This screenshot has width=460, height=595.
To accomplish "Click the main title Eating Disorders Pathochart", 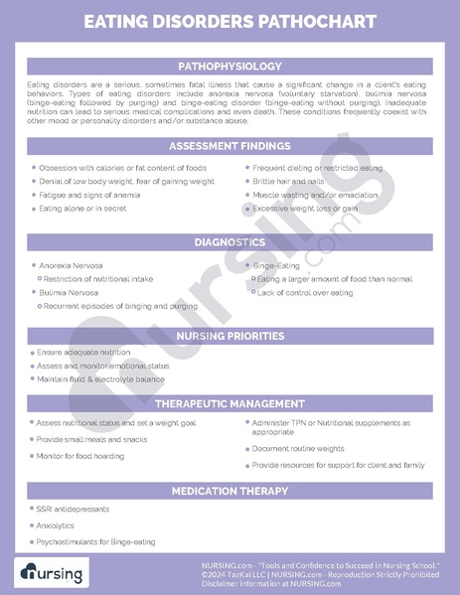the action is point(230,21).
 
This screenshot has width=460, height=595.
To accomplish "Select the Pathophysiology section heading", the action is point(230,66).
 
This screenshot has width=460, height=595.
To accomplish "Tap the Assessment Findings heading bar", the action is point(230,146).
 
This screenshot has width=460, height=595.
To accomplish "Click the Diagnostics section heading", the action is point(230,242).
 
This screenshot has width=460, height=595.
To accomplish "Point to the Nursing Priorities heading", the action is point(230,336).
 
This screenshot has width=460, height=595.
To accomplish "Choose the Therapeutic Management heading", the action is point(230,404).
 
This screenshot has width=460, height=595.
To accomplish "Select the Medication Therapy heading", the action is point(230,491).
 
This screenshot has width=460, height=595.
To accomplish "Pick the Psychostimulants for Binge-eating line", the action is point(96,541).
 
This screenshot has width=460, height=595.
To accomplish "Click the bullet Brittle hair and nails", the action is point(288,182).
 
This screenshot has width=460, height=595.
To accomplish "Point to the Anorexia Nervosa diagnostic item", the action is point(71,265).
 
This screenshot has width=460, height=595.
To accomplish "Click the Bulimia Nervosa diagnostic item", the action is point(69,293).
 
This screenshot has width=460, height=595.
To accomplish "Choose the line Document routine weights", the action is point(298,448).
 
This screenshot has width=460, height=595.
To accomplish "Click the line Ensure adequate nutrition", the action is point(83,353).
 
